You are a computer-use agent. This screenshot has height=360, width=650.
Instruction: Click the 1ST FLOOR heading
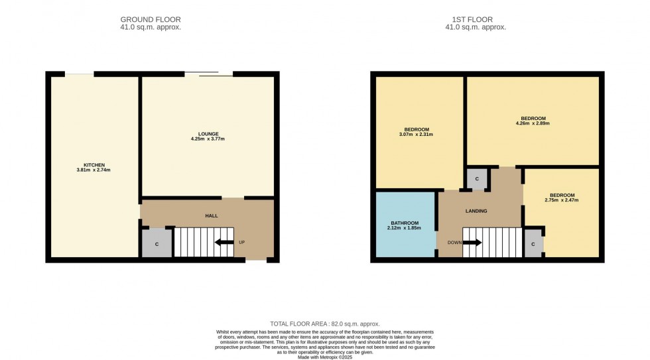coord(475,19)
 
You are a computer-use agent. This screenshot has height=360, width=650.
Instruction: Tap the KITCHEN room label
coord(94,164)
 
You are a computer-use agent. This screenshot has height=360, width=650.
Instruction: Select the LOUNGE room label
coord(208,133)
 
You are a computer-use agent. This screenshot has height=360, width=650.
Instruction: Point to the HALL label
coord(211,215)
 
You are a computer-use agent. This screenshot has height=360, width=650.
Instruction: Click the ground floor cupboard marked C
coord(157,244)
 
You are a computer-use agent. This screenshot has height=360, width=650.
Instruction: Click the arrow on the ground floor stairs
coord(224,242)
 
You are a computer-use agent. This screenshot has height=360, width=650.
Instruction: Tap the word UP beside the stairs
coord(241,243)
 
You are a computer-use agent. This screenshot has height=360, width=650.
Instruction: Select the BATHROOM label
coord(405,223)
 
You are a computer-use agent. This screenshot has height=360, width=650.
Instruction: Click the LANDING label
coord(476,211)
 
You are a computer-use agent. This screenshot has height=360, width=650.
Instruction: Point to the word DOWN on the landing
coord(454,243)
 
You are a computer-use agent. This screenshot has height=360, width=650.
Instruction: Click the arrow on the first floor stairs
coord(472,243)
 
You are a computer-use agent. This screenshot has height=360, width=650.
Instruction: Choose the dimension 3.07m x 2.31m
coord(417,135)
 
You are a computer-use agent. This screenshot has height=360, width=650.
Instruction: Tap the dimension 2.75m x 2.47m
coord(562,200)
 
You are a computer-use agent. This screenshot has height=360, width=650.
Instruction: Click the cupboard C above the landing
coord(477,179)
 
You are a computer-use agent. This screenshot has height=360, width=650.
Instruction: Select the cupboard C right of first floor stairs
coord(534,244)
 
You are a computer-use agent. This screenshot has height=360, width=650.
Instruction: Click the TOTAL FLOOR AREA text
coord(324,324)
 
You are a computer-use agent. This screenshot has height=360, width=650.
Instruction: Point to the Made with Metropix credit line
coord(324,356)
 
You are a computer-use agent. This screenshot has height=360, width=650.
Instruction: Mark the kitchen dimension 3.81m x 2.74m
coord(94,170)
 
